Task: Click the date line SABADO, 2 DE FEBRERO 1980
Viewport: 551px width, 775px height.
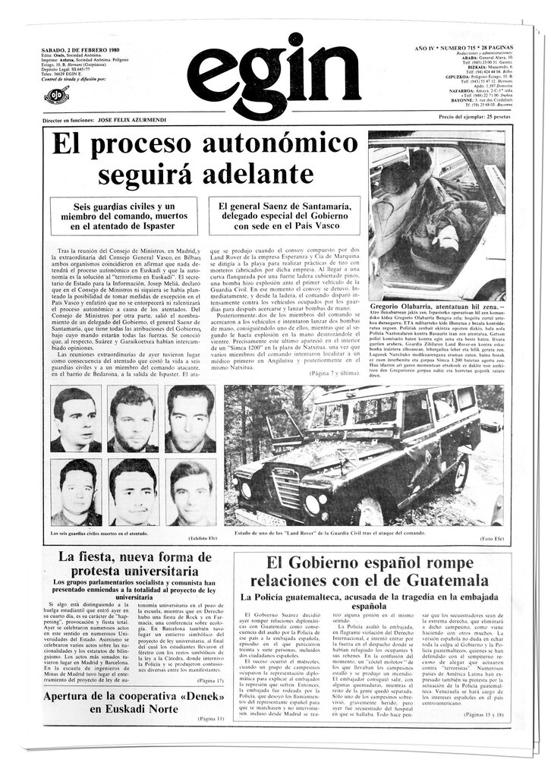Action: tap(80, 49)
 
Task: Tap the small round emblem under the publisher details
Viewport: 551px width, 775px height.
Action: tap(55, 96)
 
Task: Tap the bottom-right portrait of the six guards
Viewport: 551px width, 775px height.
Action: tap(190, 493)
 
